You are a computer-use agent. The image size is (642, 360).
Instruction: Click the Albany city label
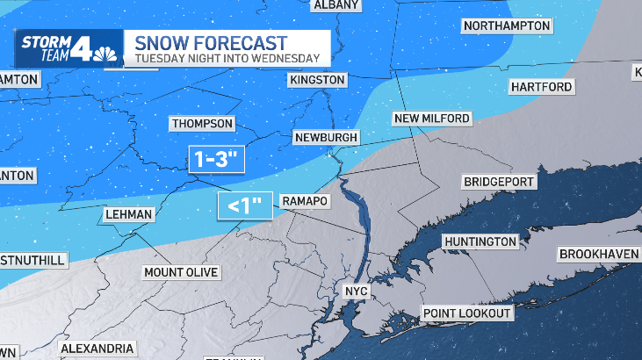point(336,5)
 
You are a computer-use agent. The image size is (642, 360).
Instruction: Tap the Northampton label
point(507,25)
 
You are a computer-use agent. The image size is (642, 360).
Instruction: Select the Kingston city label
point(317,80)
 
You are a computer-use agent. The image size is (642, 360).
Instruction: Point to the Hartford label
point(541,87)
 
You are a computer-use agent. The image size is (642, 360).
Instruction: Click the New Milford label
point(431,119)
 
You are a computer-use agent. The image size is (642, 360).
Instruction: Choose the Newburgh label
point(327,138)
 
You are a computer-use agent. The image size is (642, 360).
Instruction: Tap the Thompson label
point(202,124)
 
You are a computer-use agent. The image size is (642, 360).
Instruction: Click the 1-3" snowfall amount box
point(215,160)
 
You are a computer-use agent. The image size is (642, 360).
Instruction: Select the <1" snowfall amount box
point(246,206)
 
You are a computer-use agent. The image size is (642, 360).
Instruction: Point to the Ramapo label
point(305,202)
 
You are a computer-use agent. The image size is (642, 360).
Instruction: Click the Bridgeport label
point(499,182)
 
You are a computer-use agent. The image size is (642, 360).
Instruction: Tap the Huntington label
point(480,241)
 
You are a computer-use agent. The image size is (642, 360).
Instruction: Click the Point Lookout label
point(466,313)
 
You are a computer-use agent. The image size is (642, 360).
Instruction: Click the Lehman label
point(128,214)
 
